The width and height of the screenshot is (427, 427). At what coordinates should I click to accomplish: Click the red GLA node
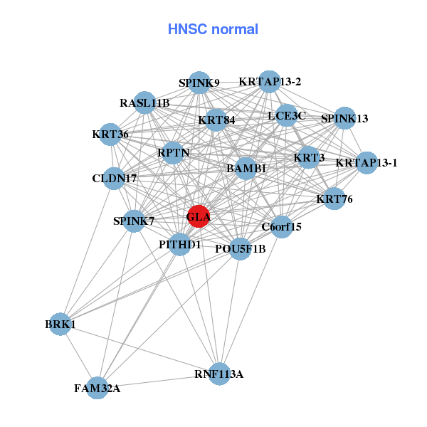click(199, 216)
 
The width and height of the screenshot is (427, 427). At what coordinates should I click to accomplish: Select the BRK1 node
click(61, 324)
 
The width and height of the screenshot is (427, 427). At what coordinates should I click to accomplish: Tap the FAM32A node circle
click(97, 387)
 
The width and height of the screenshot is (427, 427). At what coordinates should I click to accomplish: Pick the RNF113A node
click(219, 373)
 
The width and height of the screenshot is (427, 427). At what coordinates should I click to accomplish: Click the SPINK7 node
click(134, 222)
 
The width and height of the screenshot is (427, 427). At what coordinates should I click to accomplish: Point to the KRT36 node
click(110, 134)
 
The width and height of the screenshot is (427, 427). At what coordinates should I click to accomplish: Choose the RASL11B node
click(144, 103)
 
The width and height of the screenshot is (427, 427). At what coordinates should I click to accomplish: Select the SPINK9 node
click(199, 83)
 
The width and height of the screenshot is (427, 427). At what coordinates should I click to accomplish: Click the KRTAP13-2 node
click(269, 82)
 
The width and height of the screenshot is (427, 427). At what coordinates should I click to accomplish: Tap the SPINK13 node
click(344, 118)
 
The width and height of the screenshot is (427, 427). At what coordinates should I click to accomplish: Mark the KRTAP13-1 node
click(367, 163)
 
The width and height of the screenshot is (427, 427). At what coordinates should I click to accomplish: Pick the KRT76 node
click(334, 199)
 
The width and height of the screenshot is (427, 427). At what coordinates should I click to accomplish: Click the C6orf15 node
click(282, 227)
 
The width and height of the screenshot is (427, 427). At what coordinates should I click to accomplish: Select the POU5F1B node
click(241, 248)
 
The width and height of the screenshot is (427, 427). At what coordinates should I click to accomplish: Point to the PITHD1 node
click(181, 244)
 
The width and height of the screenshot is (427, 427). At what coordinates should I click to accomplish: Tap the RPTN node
click(173, 152)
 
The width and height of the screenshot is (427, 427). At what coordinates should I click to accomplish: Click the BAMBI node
click(246, 169)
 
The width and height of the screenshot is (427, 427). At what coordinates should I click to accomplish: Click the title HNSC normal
click(213, 29)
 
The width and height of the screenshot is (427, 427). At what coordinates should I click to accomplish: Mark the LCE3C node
click(287, 115)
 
